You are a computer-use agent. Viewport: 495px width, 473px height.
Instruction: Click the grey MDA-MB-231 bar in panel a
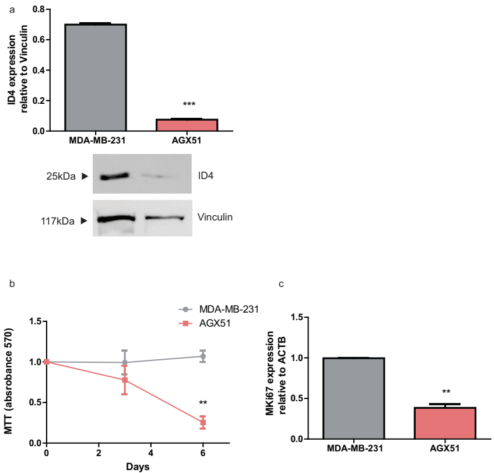96,78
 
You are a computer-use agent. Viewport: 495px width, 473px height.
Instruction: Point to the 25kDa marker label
61,176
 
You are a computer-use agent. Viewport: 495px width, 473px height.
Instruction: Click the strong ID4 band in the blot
115,176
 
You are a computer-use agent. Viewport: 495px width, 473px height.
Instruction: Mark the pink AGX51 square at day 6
203,422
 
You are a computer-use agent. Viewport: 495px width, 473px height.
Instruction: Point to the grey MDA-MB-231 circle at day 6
203,356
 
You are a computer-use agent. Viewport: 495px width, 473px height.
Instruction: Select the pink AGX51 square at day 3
124,380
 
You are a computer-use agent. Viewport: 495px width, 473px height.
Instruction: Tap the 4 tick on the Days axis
151,453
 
